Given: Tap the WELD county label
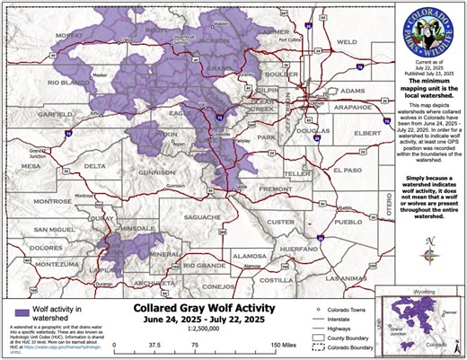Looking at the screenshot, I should (347, 42).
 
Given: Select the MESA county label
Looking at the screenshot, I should (31, 165).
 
